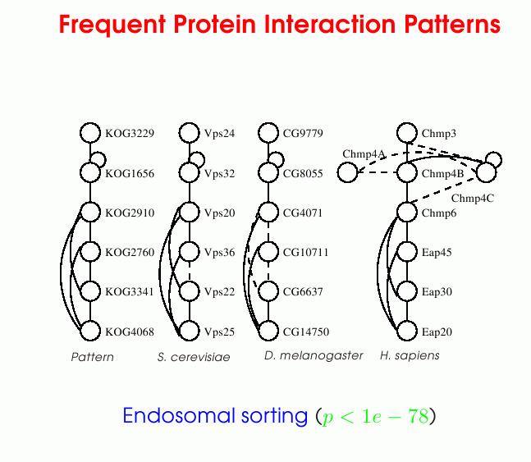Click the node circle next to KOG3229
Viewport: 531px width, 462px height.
click(x=90, y=133)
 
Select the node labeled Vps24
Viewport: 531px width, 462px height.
click(x=189, y=133)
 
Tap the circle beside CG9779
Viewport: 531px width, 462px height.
click(x=268, y=133)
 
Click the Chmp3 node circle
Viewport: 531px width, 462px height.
click(x=407, y=133)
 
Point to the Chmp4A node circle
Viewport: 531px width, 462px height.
click(x=347, y=172)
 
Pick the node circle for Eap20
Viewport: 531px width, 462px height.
click(x=407, y=331)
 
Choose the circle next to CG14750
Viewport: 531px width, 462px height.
click(x=268, y=331)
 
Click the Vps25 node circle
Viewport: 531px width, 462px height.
click(x=189, y=331)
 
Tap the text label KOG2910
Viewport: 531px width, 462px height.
click(x=130, y=213)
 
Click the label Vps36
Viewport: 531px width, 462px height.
click(x=219, y=253)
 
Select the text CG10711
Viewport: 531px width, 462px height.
click(x=306, y=253)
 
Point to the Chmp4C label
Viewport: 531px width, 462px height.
click(x=473, y=198)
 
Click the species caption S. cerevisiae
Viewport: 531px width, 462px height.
click(x=194, y=357)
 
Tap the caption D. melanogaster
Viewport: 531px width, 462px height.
click(x=314, y=355)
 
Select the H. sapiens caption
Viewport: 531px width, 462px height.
click(x=410, y=355)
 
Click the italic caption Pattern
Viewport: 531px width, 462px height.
click(x=93, y=357)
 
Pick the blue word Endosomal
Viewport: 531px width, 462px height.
click(x=178, y=415)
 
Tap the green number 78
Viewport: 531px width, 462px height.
click(x=419, y=416)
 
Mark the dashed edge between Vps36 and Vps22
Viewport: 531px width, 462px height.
click(x=189, y=272)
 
